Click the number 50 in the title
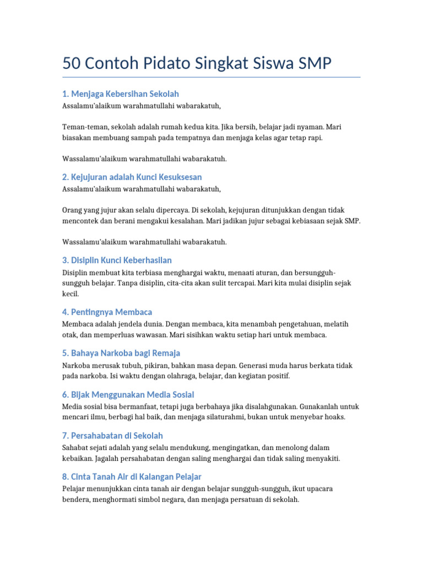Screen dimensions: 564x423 [72, 64]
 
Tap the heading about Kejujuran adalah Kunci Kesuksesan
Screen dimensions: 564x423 [132, 177]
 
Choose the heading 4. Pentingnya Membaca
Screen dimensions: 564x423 [107, 312]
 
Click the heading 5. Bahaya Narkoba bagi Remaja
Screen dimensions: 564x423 [121, 353]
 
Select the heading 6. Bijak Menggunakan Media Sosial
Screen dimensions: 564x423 [128, 394]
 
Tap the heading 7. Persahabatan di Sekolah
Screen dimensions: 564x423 [112, 436]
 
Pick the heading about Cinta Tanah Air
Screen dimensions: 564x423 [132, 476]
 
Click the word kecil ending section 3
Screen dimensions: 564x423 [70, 294]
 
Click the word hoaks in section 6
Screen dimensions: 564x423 [335, 417]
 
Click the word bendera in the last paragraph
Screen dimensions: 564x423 [76, 500]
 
